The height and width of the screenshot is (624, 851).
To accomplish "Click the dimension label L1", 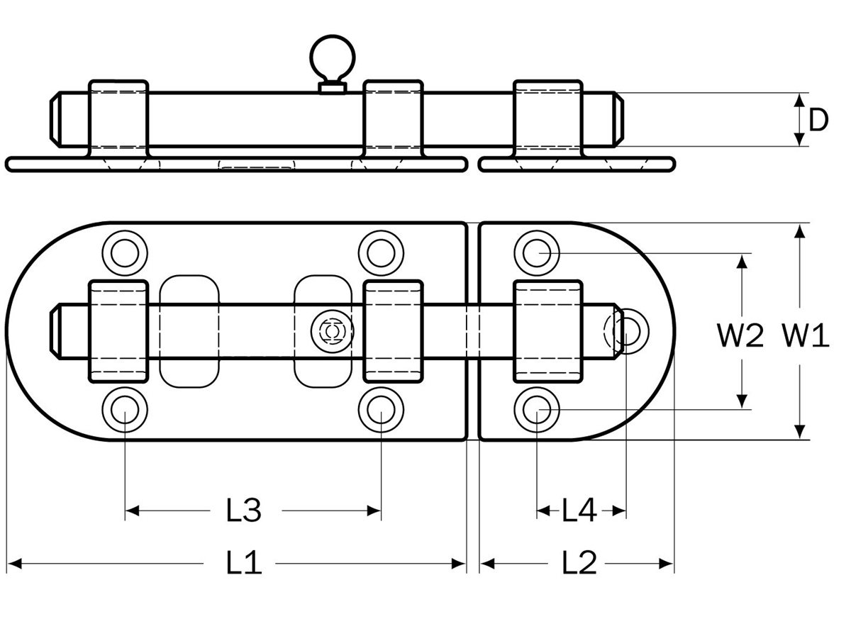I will (x=244, y=564).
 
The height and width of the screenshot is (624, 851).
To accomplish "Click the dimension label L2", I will (x=579, y=564).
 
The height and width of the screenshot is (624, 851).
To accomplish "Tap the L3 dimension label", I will (x=244, y=510).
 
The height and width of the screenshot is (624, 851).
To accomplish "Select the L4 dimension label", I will (x=579, y=510).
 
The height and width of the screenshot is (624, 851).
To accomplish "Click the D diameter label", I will (x=818, y=121).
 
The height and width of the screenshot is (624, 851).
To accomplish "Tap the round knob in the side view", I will (x=330, y=60).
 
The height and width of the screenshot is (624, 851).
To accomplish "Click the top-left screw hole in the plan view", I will (x=125, y=251).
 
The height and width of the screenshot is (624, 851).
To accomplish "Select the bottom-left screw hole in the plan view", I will (x=125, y=409).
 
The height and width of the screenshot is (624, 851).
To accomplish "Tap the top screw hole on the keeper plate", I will (x=537, y=251).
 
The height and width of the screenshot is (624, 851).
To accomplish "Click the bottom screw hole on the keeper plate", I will (x=537, y=409).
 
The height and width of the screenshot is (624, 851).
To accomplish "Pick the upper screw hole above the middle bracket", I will (x=381, y=251).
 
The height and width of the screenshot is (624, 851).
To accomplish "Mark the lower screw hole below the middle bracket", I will (x=381, y=409).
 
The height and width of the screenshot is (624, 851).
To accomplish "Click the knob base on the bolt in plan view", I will (x=330, y=331).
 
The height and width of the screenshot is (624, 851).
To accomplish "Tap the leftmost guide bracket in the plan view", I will (x=118, y=331).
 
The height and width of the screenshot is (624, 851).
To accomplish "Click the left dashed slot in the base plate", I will (x=189, y=330).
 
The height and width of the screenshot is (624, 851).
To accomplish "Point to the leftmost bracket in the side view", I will (x=118, y=117).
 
